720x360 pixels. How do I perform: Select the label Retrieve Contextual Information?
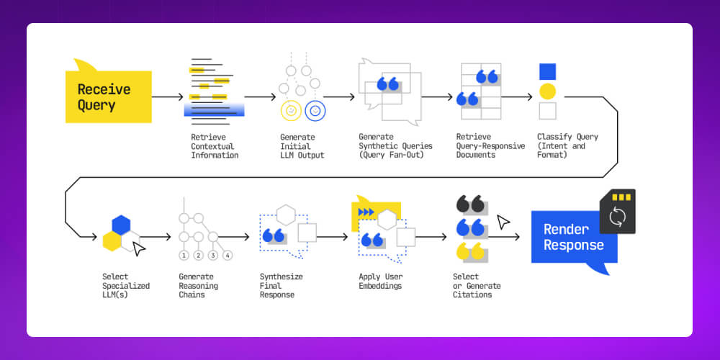coord(214,145)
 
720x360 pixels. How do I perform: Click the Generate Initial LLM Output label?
coord(302,145)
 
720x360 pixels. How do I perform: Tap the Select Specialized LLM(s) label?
coord(126,286)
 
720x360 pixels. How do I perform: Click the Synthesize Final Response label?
coord(281,286)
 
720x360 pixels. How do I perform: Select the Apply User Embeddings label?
coord(380,281)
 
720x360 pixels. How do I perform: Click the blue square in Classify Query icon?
coord(547,71)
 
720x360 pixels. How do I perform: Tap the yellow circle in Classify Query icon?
coord(547,91)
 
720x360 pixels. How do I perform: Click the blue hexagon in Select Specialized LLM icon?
coord(121,224)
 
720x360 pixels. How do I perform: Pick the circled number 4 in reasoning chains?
coord(228,255)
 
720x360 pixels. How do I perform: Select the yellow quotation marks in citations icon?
coord(469,251)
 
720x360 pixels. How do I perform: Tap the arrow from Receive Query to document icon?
coord(168,96)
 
